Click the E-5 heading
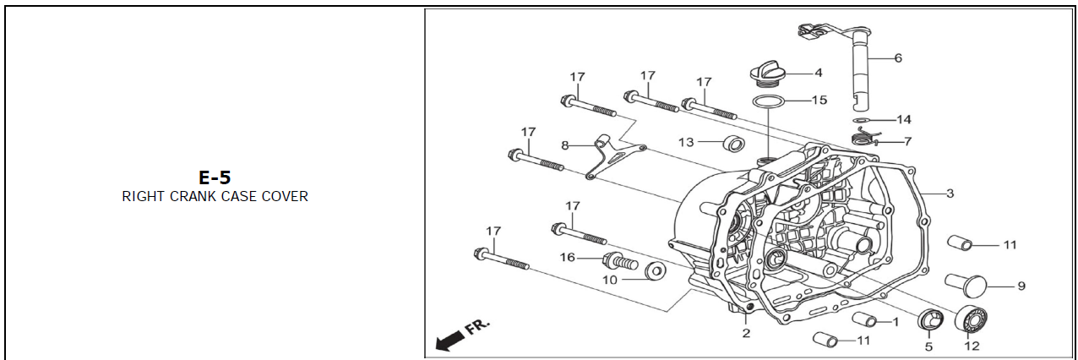215,177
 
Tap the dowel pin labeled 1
865,319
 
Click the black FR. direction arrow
450,340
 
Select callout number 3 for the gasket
950,194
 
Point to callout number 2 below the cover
746,333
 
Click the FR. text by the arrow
478,326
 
